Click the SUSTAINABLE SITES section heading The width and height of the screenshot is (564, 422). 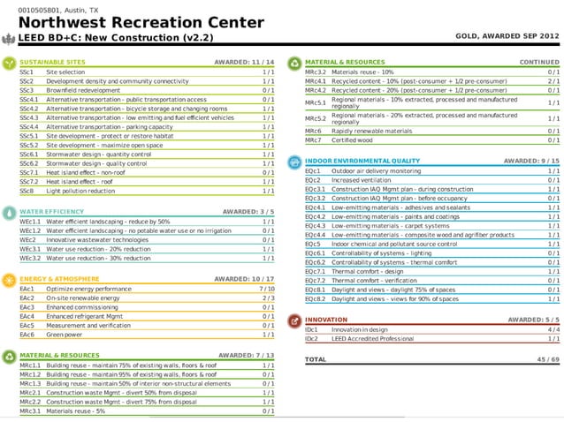coord(52,63)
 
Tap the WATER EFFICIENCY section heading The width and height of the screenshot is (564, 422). coord(52,212)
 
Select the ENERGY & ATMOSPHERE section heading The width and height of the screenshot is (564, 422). coord(58,279)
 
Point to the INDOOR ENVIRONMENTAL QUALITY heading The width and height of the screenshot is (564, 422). coord(362,161)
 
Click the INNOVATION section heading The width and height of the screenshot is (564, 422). coord(326,320)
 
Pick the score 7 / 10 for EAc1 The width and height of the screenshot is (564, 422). coord(266,289)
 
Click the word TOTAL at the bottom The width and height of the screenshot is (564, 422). coord(316,360)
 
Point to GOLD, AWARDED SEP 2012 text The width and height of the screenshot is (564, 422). coord(507,37)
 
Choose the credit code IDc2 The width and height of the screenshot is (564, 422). coord(311,338)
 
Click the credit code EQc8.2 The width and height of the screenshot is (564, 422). coord(315,298)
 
